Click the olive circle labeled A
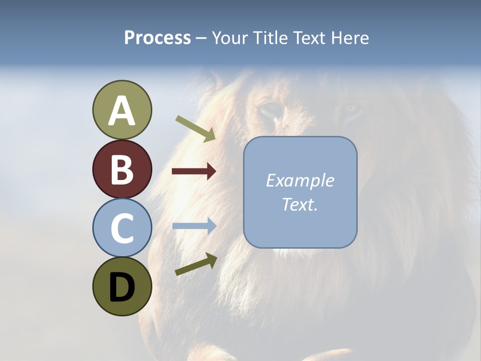pos(122,110)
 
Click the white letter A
pos(122,111)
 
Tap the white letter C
pos(122,228)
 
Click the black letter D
pos(122,287)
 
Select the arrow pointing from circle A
pos(195,128)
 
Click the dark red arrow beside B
pos(194,171)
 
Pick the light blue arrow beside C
pos(194,226)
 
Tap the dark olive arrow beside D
pos(196,264)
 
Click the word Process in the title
pos(157,38)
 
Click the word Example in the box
pos(300,180)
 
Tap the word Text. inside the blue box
pos(300,204)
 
